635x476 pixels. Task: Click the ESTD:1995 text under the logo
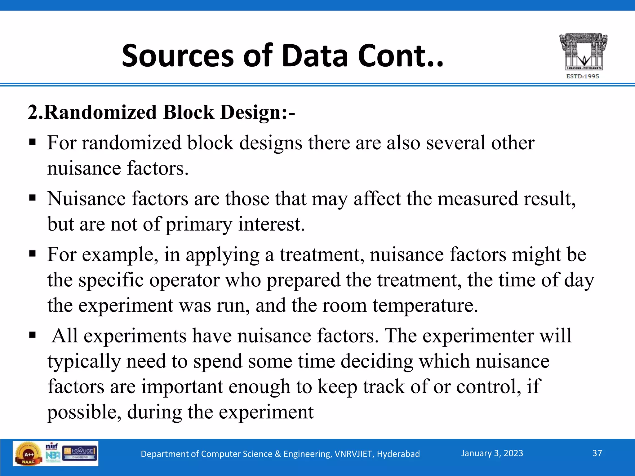pos(583,76)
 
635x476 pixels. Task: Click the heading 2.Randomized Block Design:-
pos(161,112)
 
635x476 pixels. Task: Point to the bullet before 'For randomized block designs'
pos(32,142)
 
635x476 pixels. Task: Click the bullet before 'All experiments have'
pos(32,335)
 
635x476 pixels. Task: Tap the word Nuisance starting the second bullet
pos(87,199)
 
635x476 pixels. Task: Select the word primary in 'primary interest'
pos(198,224)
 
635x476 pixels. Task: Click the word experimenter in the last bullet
pos(478,336)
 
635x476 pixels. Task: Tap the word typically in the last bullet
pos(84,362)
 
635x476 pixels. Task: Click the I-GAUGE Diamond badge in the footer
pos(80,453)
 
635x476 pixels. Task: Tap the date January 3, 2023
pos(492,453)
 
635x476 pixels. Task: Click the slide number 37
pos(597,453)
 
